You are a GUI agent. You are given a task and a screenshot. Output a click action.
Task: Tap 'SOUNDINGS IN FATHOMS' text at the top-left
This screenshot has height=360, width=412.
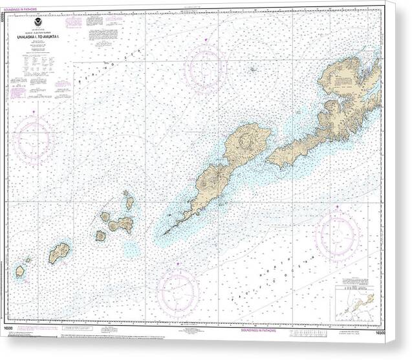pos(23,8)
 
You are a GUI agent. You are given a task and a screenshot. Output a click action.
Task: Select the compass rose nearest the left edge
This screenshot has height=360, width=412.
pos(33,138)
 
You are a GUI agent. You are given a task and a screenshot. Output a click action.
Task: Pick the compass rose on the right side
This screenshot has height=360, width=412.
pos(338,234)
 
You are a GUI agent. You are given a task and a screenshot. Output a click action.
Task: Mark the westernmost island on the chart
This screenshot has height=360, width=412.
pos(20,271)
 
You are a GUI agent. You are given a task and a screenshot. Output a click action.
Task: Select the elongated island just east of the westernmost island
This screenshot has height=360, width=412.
pos(59,252)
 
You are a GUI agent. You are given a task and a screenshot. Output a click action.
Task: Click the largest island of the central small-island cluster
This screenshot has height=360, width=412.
pos(121,225)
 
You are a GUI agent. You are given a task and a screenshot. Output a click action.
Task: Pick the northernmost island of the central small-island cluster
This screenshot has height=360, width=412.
pos(129,202)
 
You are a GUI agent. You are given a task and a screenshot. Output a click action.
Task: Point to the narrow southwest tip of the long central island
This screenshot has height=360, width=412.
pos(167,231)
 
